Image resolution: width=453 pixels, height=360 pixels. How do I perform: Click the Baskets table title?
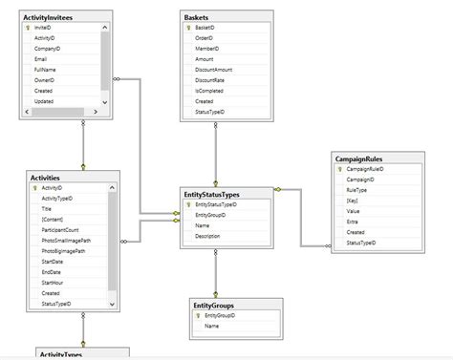click(x=199, y=17)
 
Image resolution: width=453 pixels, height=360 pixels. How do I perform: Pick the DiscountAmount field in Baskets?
click(x=215, y=70)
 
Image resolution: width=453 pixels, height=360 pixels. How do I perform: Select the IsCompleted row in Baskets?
click(x=209, y=91)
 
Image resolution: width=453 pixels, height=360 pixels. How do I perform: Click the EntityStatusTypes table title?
click(x=211, y=194)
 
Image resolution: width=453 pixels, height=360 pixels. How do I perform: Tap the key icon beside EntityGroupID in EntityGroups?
click(x=197, y=315)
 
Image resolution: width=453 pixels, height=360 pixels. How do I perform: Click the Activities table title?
click(x=46, y=177)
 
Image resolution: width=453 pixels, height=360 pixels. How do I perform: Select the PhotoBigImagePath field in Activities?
click(x=64, y=251)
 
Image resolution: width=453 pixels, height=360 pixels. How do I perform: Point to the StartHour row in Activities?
click(x=53, y=283)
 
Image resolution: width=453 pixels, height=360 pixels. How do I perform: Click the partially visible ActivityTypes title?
click(x=59, y=354)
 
